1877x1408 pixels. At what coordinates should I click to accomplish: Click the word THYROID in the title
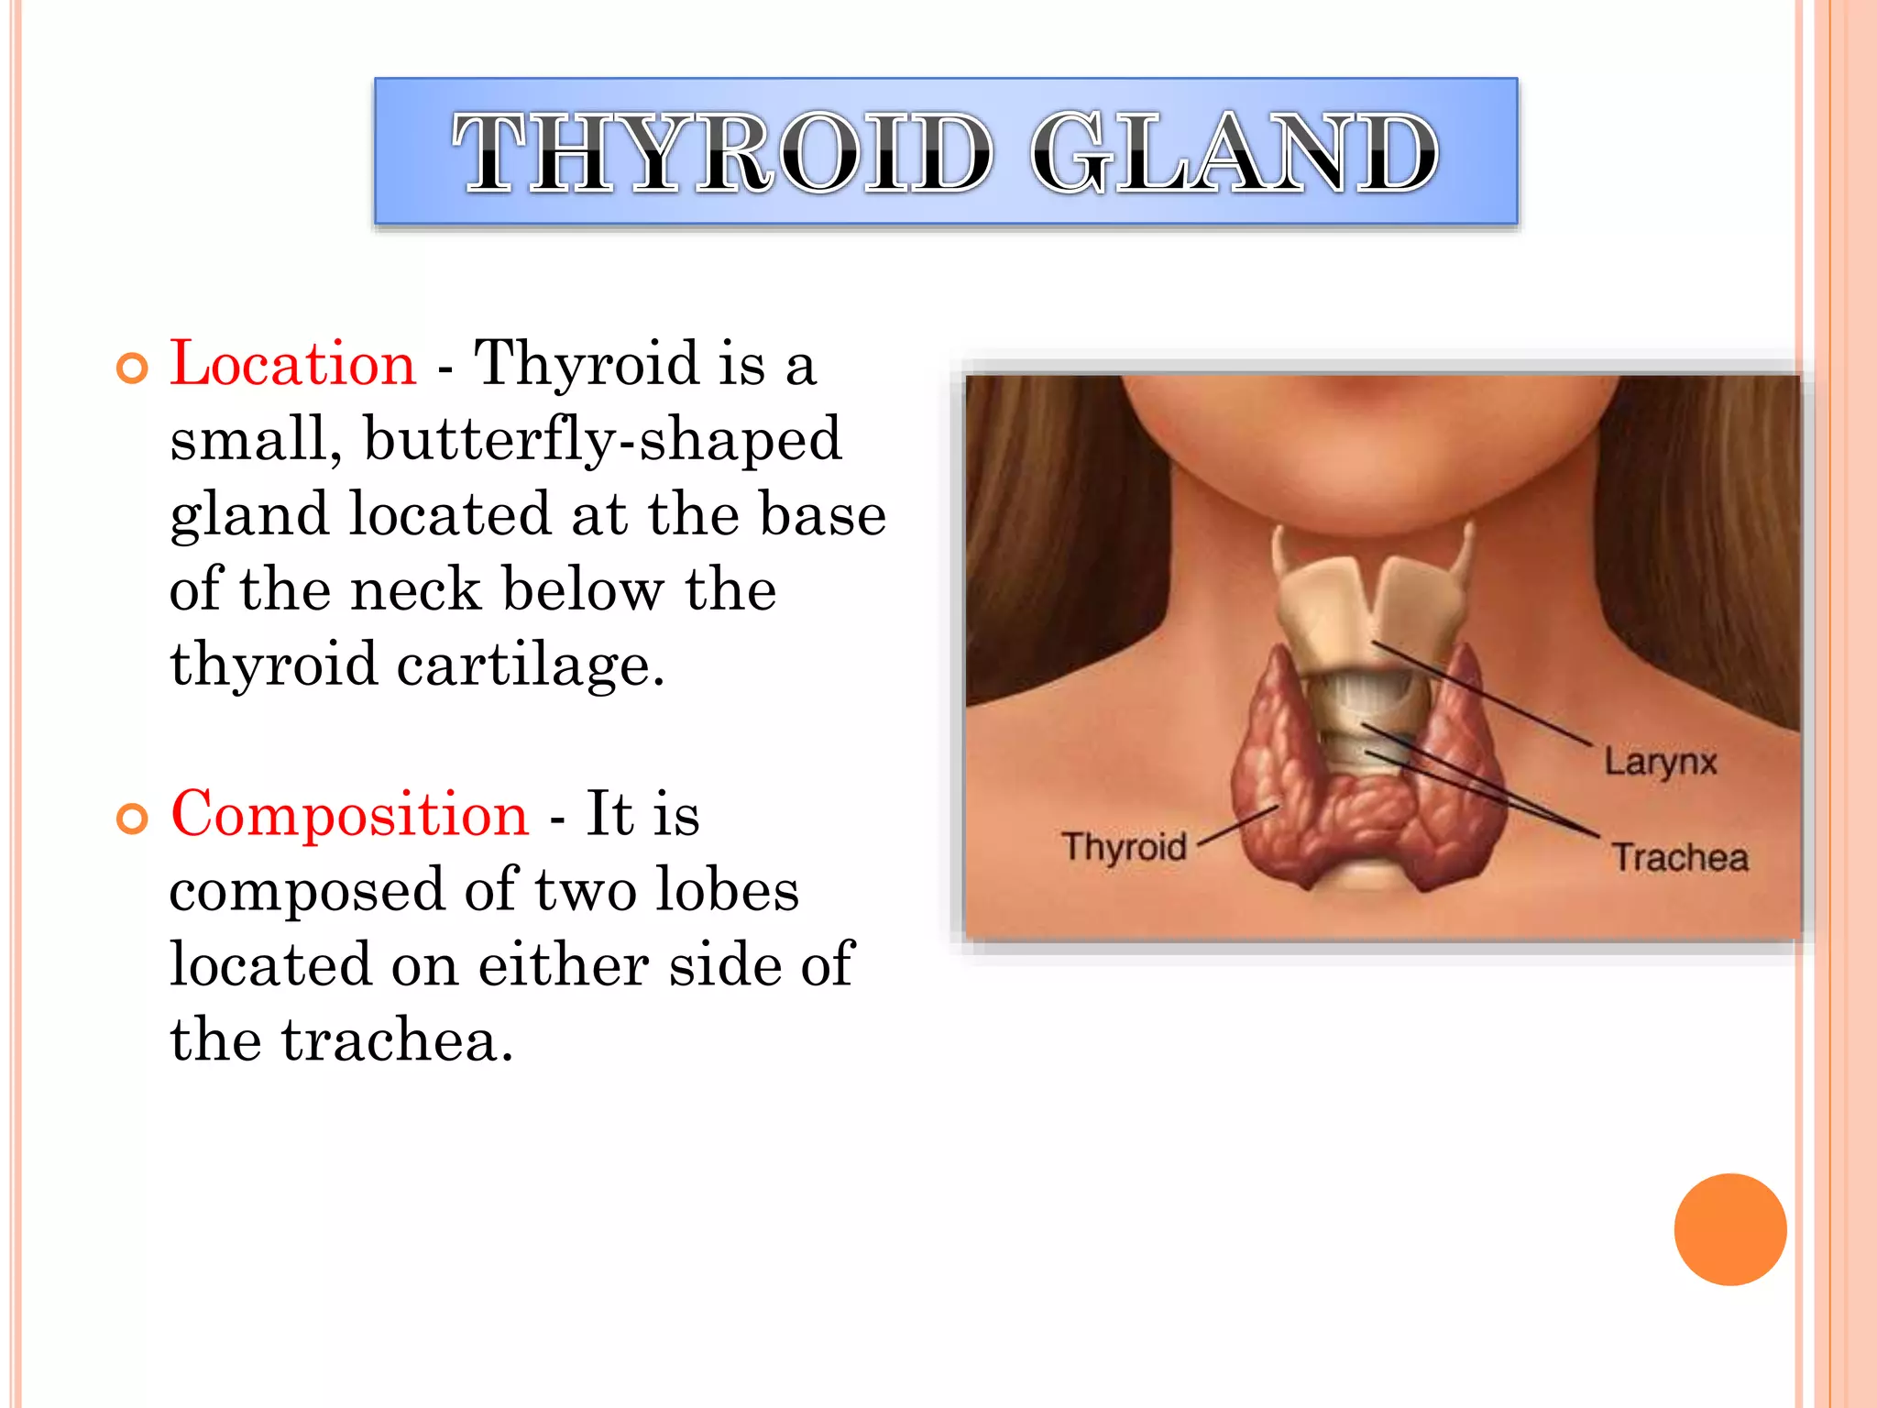722,152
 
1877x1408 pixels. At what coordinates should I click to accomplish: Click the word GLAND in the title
1234,152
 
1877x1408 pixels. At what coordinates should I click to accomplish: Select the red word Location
293,363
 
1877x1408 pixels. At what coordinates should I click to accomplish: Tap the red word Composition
350,814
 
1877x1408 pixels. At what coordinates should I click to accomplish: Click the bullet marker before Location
133,368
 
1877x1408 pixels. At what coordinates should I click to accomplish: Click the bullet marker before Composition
133,819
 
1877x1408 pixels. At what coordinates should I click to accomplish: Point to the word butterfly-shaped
602,439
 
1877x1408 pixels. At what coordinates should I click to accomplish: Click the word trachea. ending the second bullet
397,1040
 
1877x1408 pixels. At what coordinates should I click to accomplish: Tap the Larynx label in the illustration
1660,762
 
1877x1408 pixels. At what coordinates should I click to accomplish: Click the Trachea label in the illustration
1680,858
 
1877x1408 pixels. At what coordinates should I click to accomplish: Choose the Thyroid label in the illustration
1124,846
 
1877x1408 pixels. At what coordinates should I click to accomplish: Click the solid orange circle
1729,1229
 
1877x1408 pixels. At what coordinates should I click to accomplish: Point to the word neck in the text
415,589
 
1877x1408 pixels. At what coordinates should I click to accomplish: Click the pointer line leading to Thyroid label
1237,824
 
